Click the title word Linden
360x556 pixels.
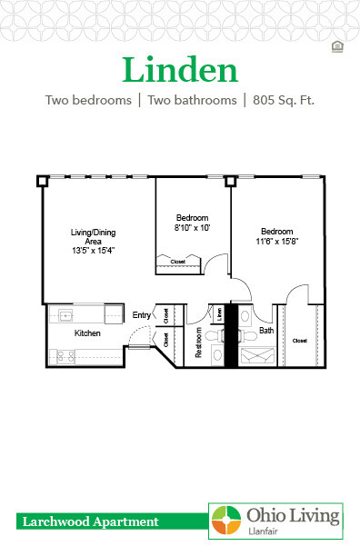tap(179, 70)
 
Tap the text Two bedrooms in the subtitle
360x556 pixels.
tap(86, 100)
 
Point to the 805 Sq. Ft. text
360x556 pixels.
tap(280, 100)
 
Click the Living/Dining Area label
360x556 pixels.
tap(94, 236)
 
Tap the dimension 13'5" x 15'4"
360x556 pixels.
tap(94, 250)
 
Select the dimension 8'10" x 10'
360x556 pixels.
tap(192, 228)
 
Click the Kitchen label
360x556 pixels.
tap(87, 333)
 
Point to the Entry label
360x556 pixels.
tap(142, 314)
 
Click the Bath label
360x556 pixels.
tap(266, 331)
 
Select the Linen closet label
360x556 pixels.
tap(220, 314)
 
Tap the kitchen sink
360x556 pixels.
tap(66, 315)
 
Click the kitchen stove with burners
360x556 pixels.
tap(66, 356)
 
